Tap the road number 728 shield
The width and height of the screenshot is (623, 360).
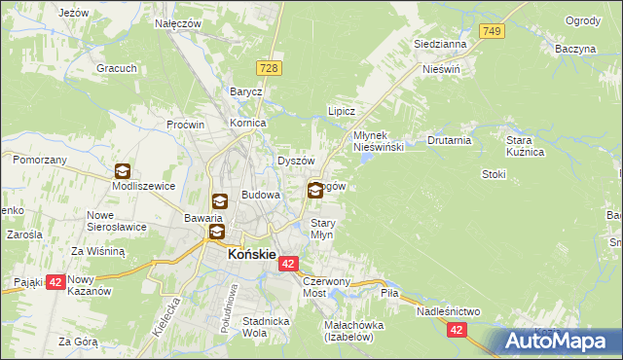click(271, 66)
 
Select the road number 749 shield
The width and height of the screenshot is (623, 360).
click(493, 33)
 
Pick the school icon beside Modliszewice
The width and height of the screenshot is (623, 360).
click(123, 171)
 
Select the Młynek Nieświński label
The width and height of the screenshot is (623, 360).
click(378, 140)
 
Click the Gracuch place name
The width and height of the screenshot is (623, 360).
click(115, 68)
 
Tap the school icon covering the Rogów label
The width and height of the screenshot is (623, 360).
click(315, 191)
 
